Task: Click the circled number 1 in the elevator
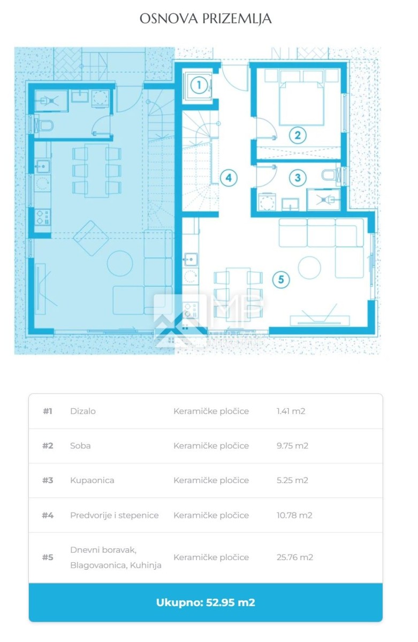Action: [x=199, y=85]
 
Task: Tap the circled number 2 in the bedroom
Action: [x=297, y=135]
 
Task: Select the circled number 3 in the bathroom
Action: [x=298, y=178]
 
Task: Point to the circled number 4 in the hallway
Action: [x=229, y=178]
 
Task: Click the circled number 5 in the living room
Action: [x=281, y=279]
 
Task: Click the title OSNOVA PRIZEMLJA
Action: [x=206, y=19]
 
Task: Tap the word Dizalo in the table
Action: [x=83, y=411]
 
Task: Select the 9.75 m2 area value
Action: [x=292, y=446]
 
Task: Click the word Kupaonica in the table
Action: [x=92, y=480]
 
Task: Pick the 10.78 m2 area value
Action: [x=294, y=515]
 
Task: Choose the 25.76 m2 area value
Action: [x=294, y=557]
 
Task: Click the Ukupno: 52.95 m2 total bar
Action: [x=206, y=602]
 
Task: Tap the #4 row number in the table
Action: [x=48, y=515]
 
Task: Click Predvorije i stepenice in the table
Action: [x=114, y=515]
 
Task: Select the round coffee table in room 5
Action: [x=309, y=267]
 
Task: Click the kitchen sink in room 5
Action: [x=190, y=259]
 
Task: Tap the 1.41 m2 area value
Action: [x=291, y=411]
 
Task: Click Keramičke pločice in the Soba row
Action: [x=211, y=446]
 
